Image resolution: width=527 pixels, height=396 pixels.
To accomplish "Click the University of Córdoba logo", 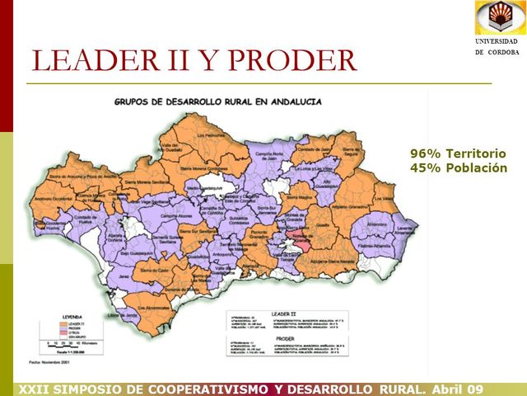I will click(x=497, y=18).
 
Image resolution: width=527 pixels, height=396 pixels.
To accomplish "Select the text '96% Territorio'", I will click(x=458, y=153).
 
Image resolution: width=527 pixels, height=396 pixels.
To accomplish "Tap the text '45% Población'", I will click(x=458, y=167).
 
